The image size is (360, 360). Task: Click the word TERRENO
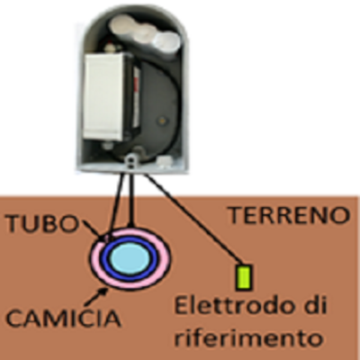coord(289,215)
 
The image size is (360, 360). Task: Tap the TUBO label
coord(42,223)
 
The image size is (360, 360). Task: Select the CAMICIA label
coord(64,318)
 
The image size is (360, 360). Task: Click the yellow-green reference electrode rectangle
coord(244,277)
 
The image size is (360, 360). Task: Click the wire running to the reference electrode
coord(194,219)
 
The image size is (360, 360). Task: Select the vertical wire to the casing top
coord(130,201)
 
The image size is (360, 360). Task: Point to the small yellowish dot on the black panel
coord(162,121)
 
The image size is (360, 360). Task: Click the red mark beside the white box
coord(137,85)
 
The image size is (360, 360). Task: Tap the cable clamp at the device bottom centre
coord(130,161)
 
